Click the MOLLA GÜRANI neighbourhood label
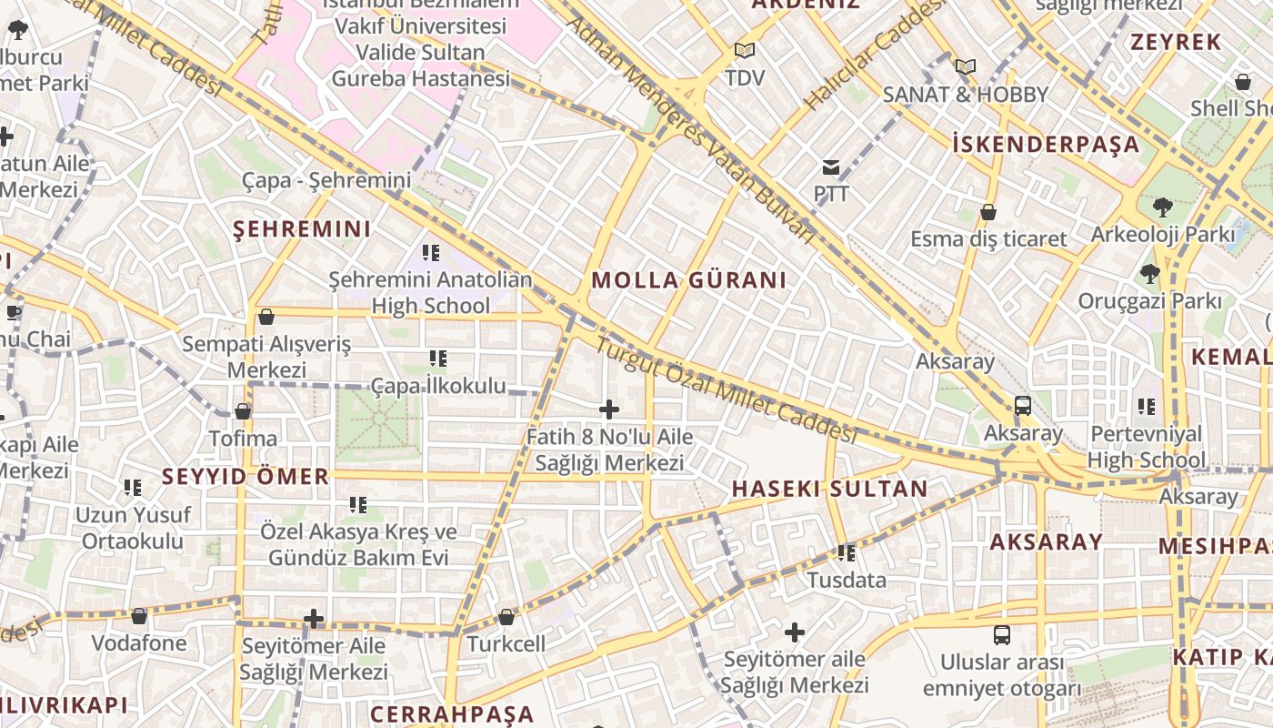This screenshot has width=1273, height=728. coord(688,280)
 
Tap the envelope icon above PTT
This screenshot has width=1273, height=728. coord(831,167)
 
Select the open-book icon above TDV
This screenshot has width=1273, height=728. coord(745,50)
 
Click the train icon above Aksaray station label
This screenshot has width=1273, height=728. coord(1022,405)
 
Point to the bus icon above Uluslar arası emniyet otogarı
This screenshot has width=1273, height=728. coord(1001,634)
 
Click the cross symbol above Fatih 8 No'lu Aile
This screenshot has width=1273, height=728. coord(609,409)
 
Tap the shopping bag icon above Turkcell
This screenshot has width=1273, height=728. coord(506,617)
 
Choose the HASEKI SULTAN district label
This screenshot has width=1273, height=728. coord(829,489)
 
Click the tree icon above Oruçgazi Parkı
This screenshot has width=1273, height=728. coord(1150,273)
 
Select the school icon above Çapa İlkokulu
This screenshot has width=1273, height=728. coord(438,359)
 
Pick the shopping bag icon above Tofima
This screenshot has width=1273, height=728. coord(243,411)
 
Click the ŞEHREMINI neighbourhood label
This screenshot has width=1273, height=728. coord(302,229)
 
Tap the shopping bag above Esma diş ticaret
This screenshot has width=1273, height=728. coord(988,212)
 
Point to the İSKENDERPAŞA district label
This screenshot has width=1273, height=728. coord(1046,144)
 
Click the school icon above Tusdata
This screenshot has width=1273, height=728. coord(847,552)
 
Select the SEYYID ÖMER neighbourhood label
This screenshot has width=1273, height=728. coord(246,476)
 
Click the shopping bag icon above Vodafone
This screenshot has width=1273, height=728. coord(139,616)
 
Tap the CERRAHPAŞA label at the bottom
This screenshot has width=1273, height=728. coord(452,713)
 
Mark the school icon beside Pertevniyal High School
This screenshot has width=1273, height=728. coord(1147,406)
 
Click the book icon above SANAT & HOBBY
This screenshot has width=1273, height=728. coord(965,66)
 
